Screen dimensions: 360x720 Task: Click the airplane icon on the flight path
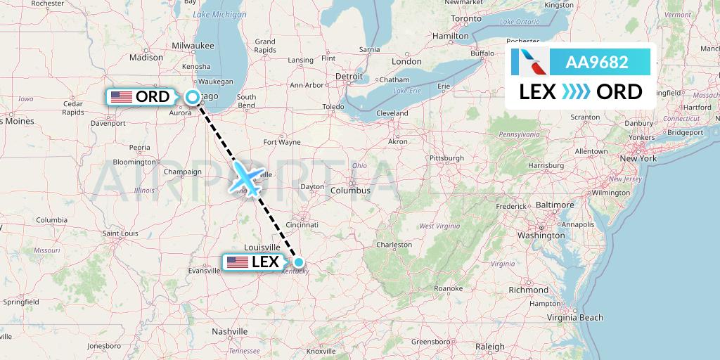click(x=246, y=176)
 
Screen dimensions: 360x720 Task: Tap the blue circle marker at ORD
click(x=192, y=97)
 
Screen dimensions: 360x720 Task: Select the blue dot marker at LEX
click(x=299, y=263)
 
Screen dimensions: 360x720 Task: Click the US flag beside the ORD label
click(x=122, y=96)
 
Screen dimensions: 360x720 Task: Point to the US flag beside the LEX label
click(x=237, y=262)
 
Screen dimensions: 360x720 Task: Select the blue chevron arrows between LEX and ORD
click(x=576, y=92)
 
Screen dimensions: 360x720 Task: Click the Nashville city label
click(x=231, y=330)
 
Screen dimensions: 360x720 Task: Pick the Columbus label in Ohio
click(x=351, y=191)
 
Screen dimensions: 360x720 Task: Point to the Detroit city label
click(x=349, y=75)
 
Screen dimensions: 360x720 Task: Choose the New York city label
click(x=638, y=158)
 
